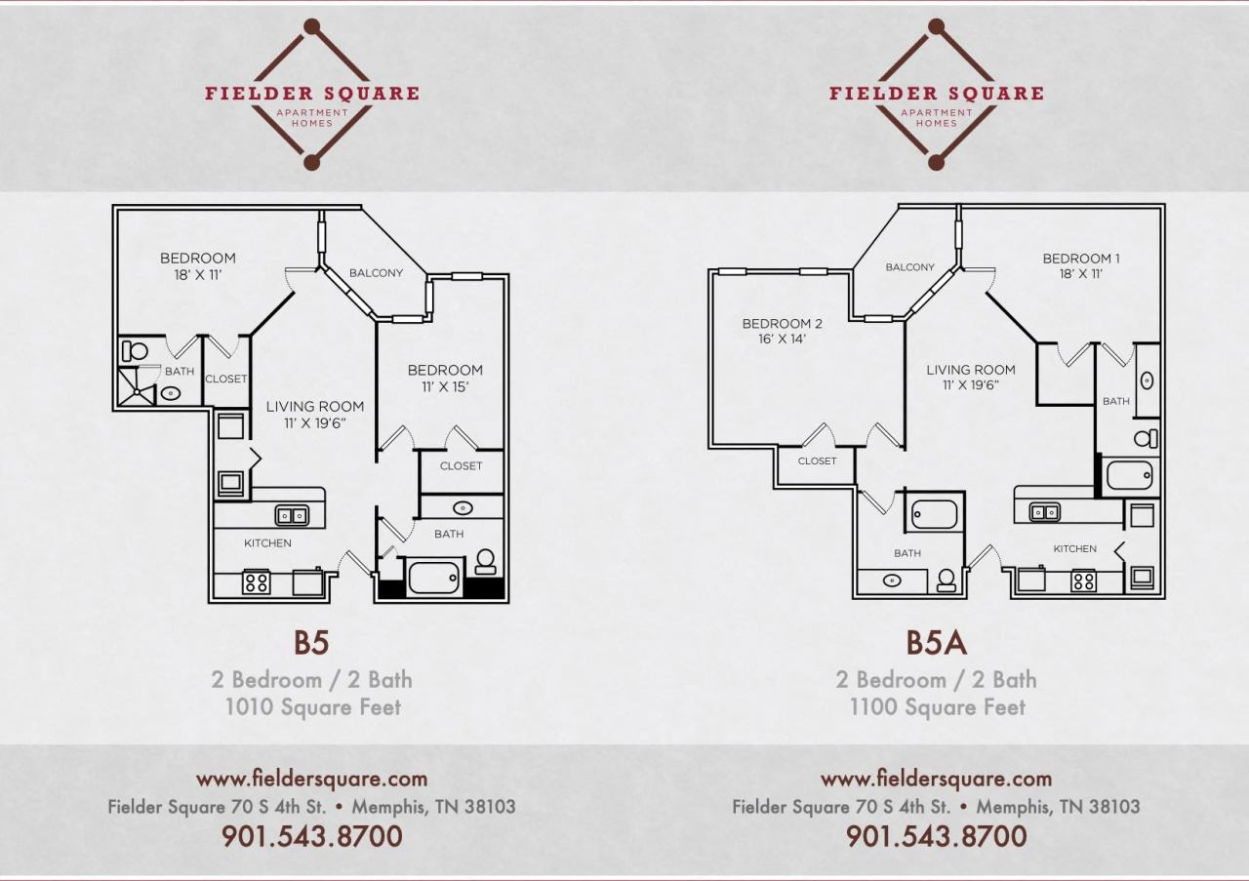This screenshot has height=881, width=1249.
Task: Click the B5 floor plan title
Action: pyautogui.click(x=311, y=643)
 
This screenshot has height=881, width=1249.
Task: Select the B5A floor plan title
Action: pyautogui.click(x=936, y=643)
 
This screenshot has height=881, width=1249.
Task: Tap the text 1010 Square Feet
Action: pyautogui.click(x=312, y=707)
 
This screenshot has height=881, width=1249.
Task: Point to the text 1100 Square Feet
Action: pyautogui.click(x=937, y=707)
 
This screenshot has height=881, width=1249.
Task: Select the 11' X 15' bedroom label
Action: pyautogui.click(x=445, y=378)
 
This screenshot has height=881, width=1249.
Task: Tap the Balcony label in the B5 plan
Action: pyautogui.click(x=376, y=273)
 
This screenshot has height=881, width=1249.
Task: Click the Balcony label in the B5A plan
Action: pyautogui.click(x=909, y=267)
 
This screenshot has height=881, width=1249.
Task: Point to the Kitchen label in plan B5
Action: pyautogui.click(x=267, y=543)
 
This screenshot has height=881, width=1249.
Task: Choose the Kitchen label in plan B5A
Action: pyautogui.click(x=1074, y=549)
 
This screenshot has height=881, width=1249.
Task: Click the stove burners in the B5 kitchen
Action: pyautogui.click(x=257, y=582)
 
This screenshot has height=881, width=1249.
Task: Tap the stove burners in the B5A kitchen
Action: pyautogui.click(x=1083, y=581)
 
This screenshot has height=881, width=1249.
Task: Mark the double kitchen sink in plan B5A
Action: pyautogui.click(x=1045, y=511)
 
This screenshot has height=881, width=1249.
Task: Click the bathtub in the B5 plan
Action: pyautogui.click(x=433, y=577)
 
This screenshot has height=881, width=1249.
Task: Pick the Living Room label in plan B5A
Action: pyautogui.click(x=971, y=377)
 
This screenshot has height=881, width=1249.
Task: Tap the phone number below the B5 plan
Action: pyautogui.click(x=312, y=836)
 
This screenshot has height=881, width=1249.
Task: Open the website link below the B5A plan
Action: pyautogui.click(x=936, y=779)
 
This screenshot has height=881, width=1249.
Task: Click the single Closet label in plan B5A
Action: pyautogui.click(x=817, y=461)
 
